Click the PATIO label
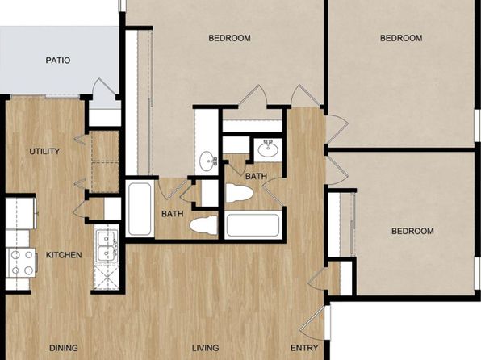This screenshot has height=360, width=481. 58,61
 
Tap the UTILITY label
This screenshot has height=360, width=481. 44,151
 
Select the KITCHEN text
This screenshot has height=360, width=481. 64,255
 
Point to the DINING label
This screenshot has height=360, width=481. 64,348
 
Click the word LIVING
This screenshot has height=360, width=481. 206,348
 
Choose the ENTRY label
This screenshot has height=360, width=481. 304,348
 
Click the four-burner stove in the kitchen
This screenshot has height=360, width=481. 22,262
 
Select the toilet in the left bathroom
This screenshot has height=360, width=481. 203,224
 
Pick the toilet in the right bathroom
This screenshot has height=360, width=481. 239,193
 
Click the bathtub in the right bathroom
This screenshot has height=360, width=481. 253,225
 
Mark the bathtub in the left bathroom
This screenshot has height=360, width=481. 140,209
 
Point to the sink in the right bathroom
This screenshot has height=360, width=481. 268,149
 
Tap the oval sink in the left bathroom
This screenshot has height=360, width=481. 207,161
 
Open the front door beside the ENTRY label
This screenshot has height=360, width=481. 313,323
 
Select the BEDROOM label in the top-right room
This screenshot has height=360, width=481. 401,38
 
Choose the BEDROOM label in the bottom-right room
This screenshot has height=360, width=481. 412,231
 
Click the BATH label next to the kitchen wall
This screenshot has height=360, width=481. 173,214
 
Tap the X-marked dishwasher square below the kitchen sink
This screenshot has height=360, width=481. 107,277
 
